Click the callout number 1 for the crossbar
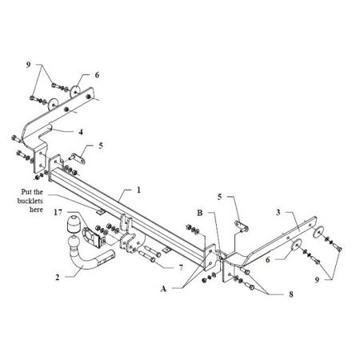click(138, 190)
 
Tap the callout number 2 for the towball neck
click(58, 278)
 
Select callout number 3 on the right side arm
click(278, 213)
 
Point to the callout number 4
click(81, 132)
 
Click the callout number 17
click(58, 213)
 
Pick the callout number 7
click(181, 267)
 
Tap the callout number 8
click(291, 294)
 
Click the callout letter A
click(163, 289)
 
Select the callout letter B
click(200, 213)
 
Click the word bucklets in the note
click(30, 201)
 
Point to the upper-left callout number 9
click(29, 65)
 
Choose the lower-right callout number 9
click(317, 280)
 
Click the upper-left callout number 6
click(97, 75)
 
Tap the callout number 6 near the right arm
click(268, 259)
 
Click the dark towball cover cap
click(72, 225)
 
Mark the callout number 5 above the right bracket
click(219, 197)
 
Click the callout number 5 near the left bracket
click(101, 146)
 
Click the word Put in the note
click(26, 192)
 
